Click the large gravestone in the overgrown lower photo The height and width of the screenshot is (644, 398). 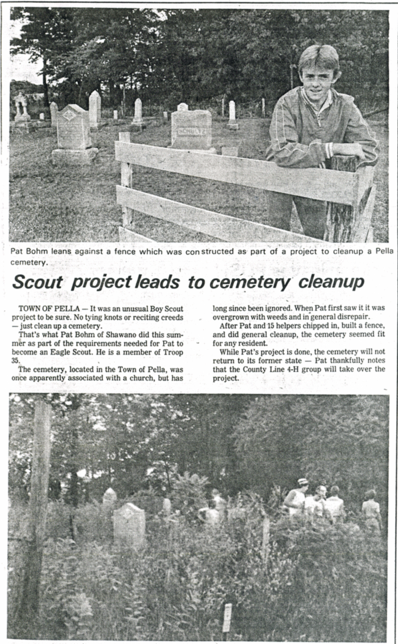128,525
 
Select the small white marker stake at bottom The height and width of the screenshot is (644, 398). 227,616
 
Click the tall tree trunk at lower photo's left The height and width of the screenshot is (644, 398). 39,501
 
